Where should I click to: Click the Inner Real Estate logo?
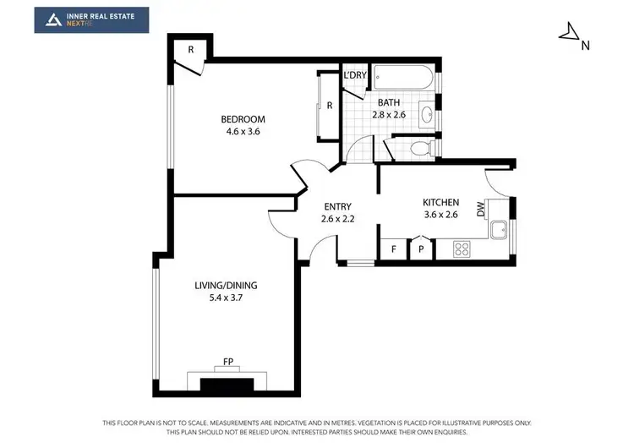pos(91,20)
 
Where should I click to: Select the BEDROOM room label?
pos(243,119)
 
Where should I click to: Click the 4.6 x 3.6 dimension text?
pos(243,132)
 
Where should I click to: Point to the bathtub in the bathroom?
pos(402,79)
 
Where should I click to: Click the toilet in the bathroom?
pos(418,149)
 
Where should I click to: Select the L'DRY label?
pos(355,75)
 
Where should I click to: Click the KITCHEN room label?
pos(440,203)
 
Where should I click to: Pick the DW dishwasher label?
pos(480,208)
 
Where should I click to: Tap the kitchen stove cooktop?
pos(463,249)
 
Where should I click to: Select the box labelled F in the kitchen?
pos(393,249)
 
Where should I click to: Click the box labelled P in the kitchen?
pos(420,249)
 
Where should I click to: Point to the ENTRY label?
pos(336,207)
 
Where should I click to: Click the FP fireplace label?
pos(227,362)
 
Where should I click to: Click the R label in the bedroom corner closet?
pos(191,50)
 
